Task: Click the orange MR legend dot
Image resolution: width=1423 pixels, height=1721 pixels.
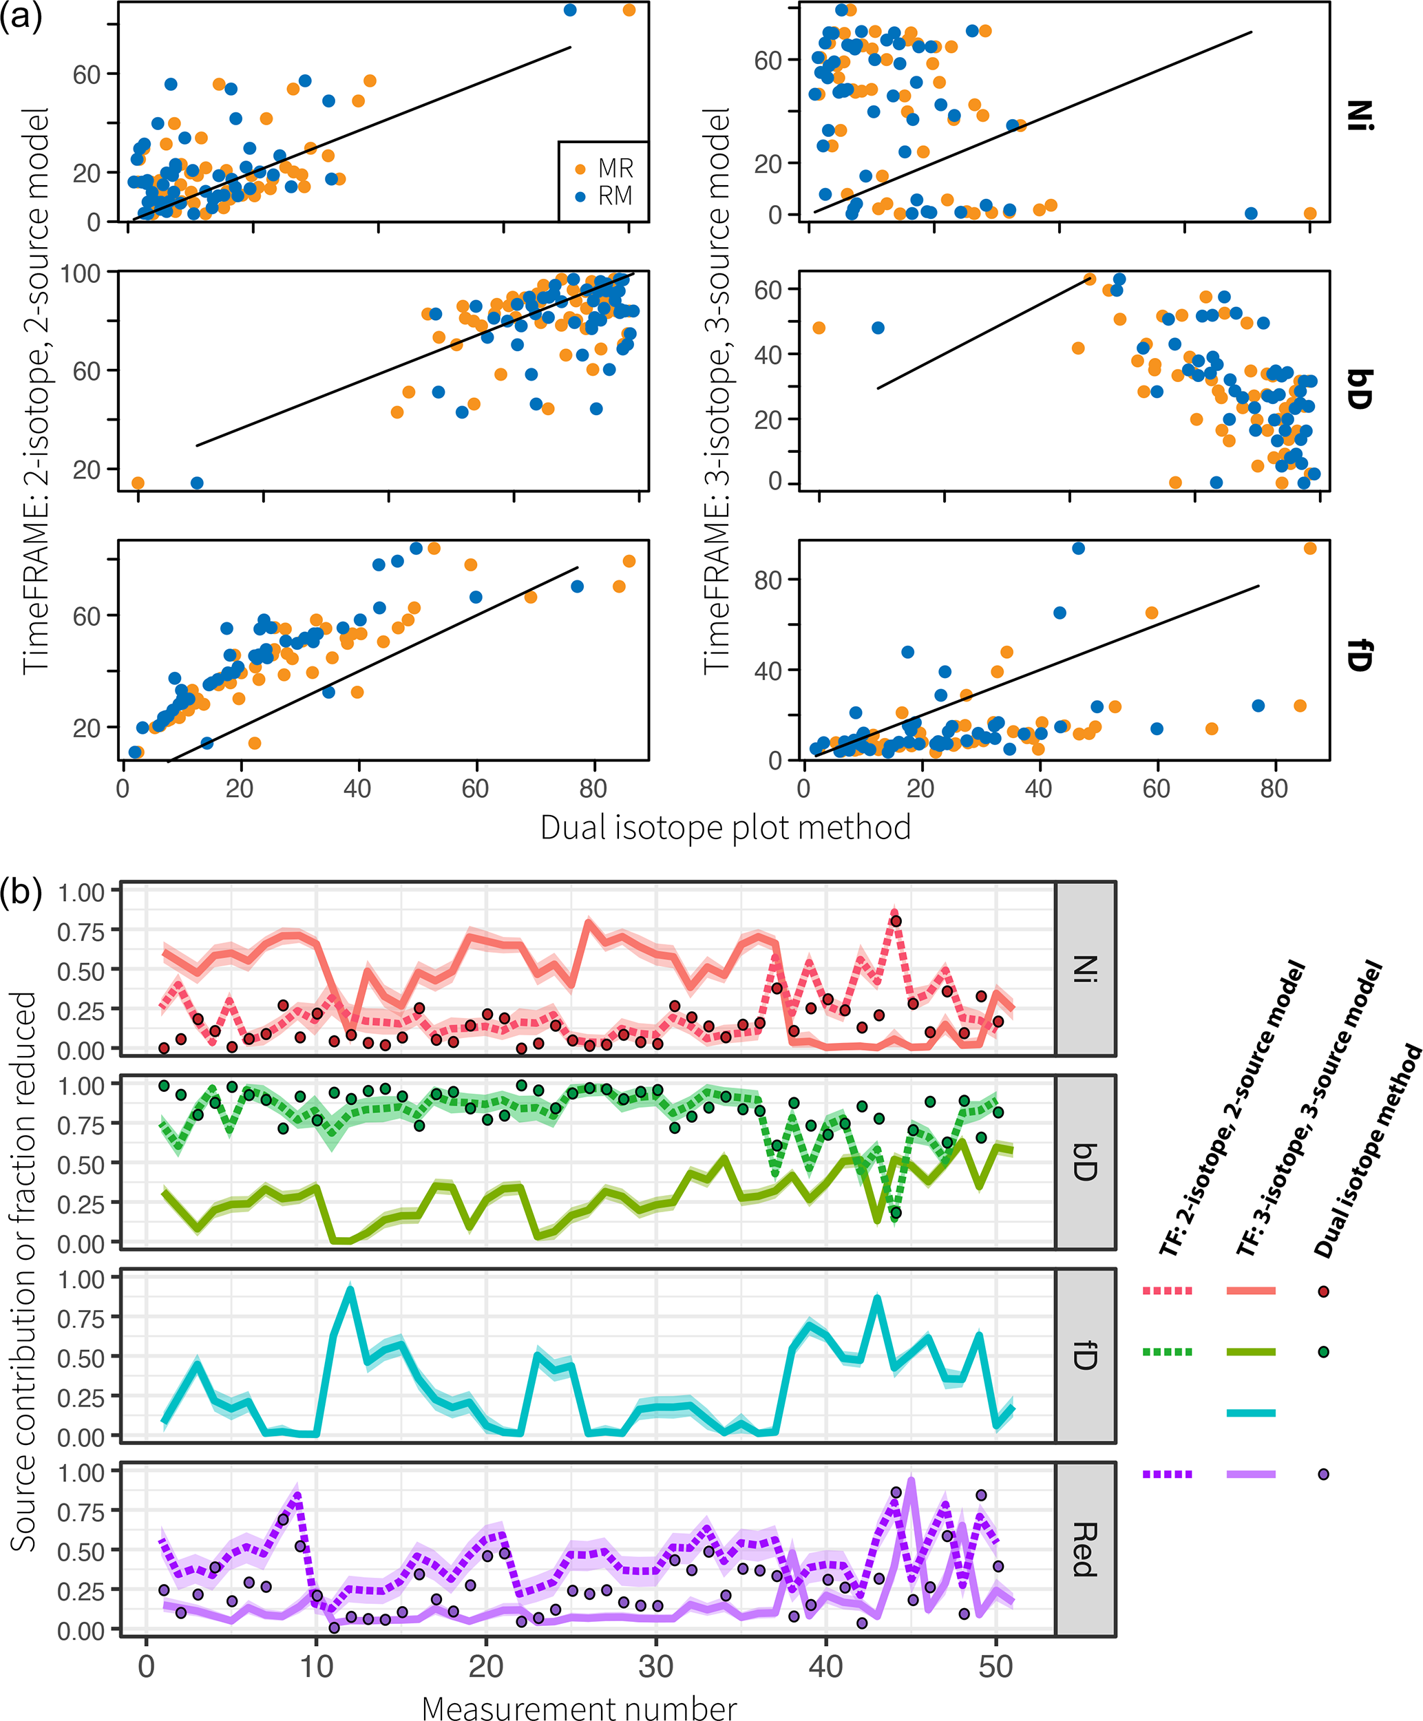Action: [580, 169]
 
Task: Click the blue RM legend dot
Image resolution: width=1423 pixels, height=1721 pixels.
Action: [580, 197]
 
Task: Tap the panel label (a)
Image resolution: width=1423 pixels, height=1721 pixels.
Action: [21, 17]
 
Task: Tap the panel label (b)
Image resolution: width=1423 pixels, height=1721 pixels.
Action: [21, 891]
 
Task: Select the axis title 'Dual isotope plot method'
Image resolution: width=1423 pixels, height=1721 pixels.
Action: [726, 827]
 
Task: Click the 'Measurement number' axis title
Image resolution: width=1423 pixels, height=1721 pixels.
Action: [579, 1707]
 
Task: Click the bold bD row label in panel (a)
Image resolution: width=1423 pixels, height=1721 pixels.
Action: [1359, 389]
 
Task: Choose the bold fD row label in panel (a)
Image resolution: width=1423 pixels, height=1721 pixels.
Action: [1359, 655]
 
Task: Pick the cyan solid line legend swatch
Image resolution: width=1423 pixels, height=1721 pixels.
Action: [1251, 1413]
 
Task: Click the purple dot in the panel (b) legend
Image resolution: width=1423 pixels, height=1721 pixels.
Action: [1323, 1475]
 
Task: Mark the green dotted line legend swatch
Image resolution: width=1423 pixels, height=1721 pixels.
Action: [1168, 1351]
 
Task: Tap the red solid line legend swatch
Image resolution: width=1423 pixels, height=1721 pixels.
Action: [1251, 1291]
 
